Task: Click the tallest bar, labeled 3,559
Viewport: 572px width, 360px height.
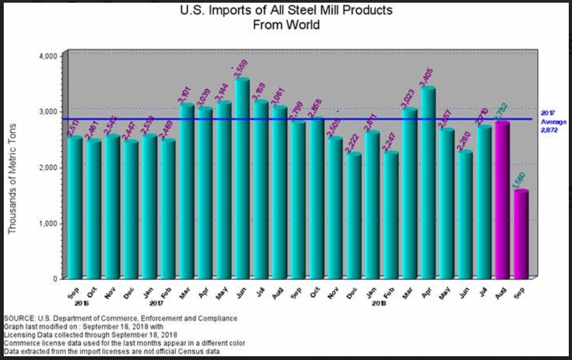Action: pos(243,180)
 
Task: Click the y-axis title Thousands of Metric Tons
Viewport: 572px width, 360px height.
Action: pos(13,179)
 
